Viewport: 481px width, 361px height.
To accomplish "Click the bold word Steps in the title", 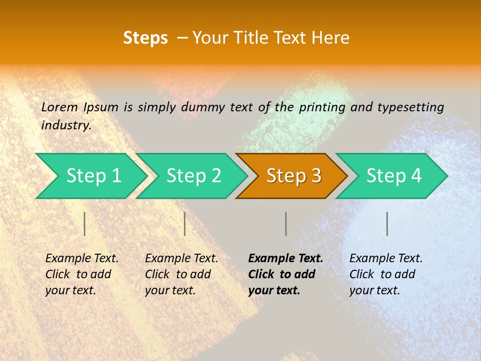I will pyautogui.click(x=145, y=38).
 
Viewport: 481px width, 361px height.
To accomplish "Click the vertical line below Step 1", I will pyautogui.click(x=85, y=224).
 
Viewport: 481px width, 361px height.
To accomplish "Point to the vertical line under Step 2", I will pyautogui.click(x=185, y=224).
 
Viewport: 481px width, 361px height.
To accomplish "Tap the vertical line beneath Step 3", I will pyautogui.click(x=286, y=224).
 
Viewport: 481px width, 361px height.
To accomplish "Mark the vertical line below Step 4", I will pyautogui.click(x=387, y=224).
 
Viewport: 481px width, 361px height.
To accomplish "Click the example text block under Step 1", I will pyautogui.click(x=82, y=274).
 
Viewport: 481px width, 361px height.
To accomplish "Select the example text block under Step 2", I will pyautogui.click(x=181, y=274).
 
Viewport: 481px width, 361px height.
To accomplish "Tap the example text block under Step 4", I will pyautogui.click(x=386, y=274).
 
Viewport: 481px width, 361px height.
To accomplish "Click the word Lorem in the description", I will pyautogui.click(x=60, y=107).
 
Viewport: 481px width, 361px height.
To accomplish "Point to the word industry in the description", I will pyautogui.click(x=66, y=125).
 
